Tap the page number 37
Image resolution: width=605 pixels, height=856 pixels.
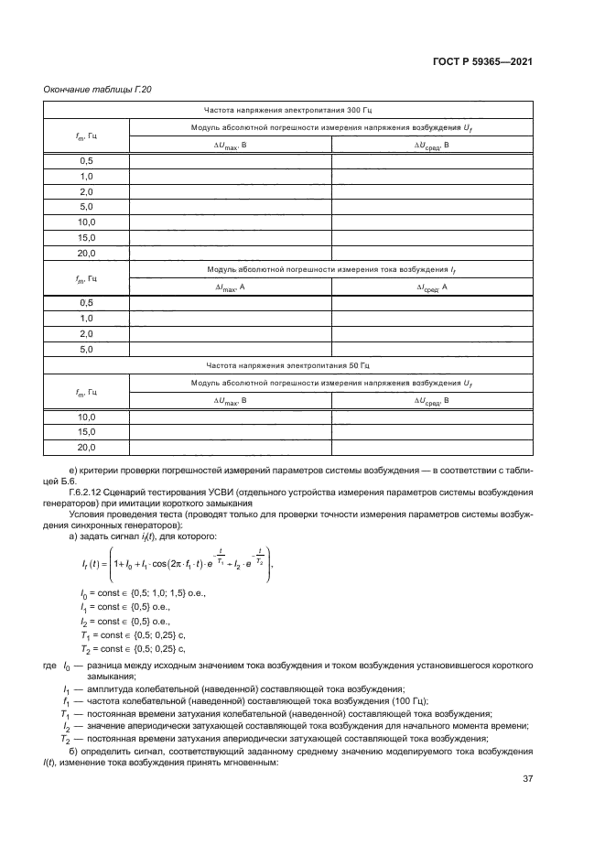coord(527,779)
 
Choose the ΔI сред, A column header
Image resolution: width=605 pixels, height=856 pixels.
coord(431,287)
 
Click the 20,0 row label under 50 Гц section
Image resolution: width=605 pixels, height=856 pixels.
coord(87,447)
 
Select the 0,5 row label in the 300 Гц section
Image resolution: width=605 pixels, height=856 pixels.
coord(87,161)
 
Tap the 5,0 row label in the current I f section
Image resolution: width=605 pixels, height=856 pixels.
coord(87,349)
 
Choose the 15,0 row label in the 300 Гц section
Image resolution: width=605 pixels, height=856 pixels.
coord(87,238)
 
